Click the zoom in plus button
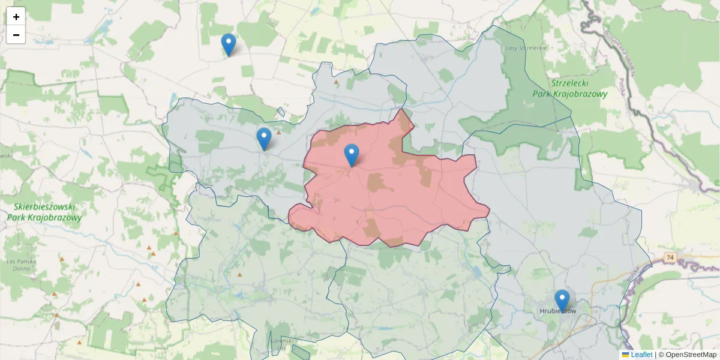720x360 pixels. tap(16, 17)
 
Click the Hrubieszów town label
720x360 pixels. tap(557, 311)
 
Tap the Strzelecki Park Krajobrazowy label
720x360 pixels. tap(569, 88)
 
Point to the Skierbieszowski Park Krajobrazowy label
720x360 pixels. tap(44, 212)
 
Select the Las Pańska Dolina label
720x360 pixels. tap(22, 265)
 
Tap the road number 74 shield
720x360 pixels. tap(670, 257)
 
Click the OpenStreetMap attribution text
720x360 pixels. tap(687, 355)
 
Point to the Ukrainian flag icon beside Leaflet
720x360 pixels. tap(626, 355)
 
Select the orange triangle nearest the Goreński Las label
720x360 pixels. tap(240, 275)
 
